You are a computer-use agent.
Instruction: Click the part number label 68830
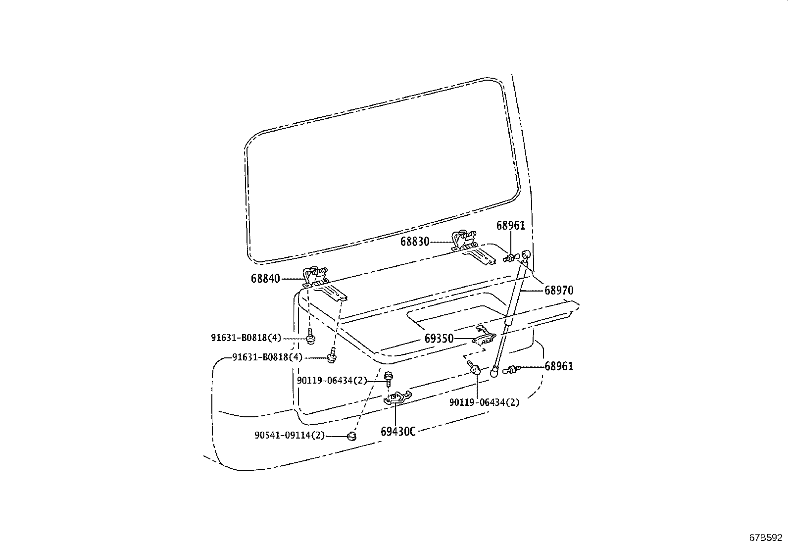coord(415,242)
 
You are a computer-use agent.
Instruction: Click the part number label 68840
coord(265,279)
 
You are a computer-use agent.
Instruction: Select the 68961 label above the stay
coord(510,226)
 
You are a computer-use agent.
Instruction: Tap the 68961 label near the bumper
coord(559,366)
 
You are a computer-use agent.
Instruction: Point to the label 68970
coord(559,290)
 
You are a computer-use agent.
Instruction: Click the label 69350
coord(439,339)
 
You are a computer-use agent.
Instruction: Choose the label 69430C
coord(398,432)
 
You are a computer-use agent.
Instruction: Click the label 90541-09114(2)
coord(290,435)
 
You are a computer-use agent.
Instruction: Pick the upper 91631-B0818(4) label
coord(246,338)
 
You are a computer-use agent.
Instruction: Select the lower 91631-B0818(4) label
coord(267,357)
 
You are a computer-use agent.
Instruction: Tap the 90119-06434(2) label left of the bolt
coord(332,380)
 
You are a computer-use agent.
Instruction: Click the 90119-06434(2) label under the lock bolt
coord(485,402)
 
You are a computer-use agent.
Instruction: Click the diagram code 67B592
coord(766,538)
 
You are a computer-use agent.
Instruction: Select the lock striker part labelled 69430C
coord(397,397)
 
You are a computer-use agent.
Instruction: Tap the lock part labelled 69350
coord(484,336)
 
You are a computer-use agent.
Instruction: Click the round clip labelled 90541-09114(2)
coord(351,436)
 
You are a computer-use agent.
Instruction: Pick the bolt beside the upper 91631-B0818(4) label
coord(310,337)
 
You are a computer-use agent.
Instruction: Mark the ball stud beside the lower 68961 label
coord(512,369)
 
